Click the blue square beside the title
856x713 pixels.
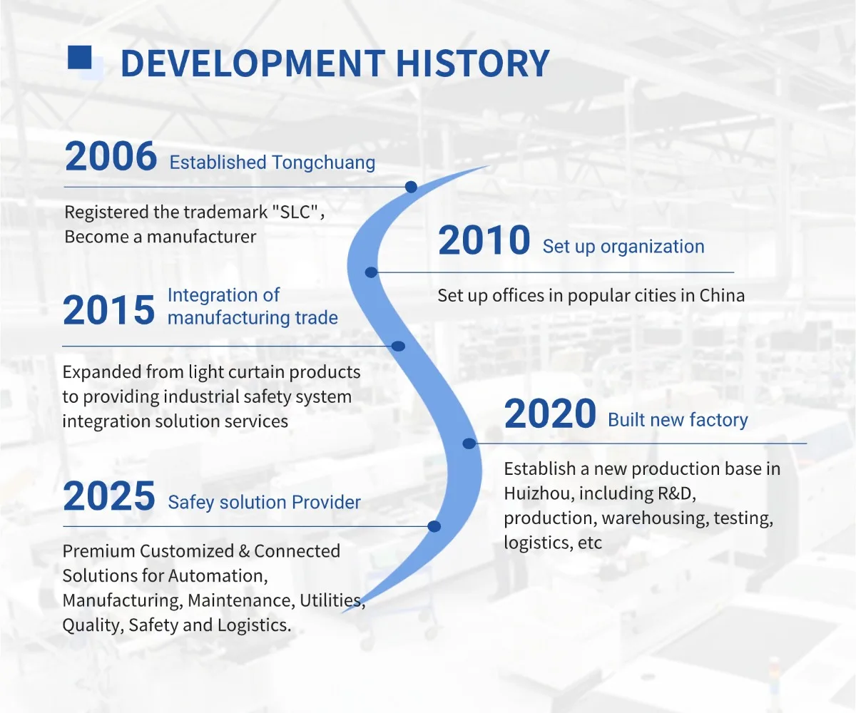tap(79, 57)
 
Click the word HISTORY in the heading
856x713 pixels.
tap(472, 63)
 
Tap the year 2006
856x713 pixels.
tap(111, 156)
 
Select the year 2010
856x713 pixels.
tap(484, 240)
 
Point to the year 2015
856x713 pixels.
tap(109, 310)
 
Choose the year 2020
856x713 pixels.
tap(550, 414)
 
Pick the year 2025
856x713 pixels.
tap(109, 496)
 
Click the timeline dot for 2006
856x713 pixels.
tap(411, 187)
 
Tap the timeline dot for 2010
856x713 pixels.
tap(371, 272)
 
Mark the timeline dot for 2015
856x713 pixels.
tap(399, 347)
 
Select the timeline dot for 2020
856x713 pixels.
tap(469, 443)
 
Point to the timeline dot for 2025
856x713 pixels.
tap(434, 527)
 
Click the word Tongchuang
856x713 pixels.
tap(323, 163)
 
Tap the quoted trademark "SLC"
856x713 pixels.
tap(295, 212)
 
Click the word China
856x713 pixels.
tap(722, 295)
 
